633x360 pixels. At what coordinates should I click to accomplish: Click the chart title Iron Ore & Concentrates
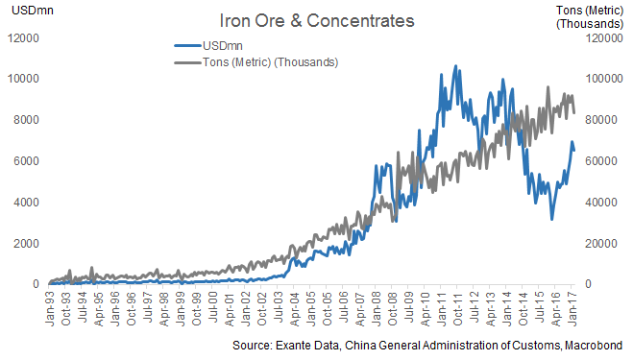click(304, 19)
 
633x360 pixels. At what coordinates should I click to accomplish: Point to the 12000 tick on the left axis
click(21, 37)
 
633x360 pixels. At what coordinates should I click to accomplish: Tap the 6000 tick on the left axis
click(24, 161)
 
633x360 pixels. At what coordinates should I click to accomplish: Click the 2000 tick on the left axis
click(24, 244)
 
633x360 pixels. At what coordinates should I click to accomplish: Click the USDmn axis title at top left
click(25, 12)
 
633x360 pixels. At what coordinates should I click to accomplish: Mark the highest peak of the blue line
click(454, 66)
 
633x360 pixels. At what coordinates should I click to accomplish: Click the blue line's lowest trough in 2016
click(551, 219)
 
